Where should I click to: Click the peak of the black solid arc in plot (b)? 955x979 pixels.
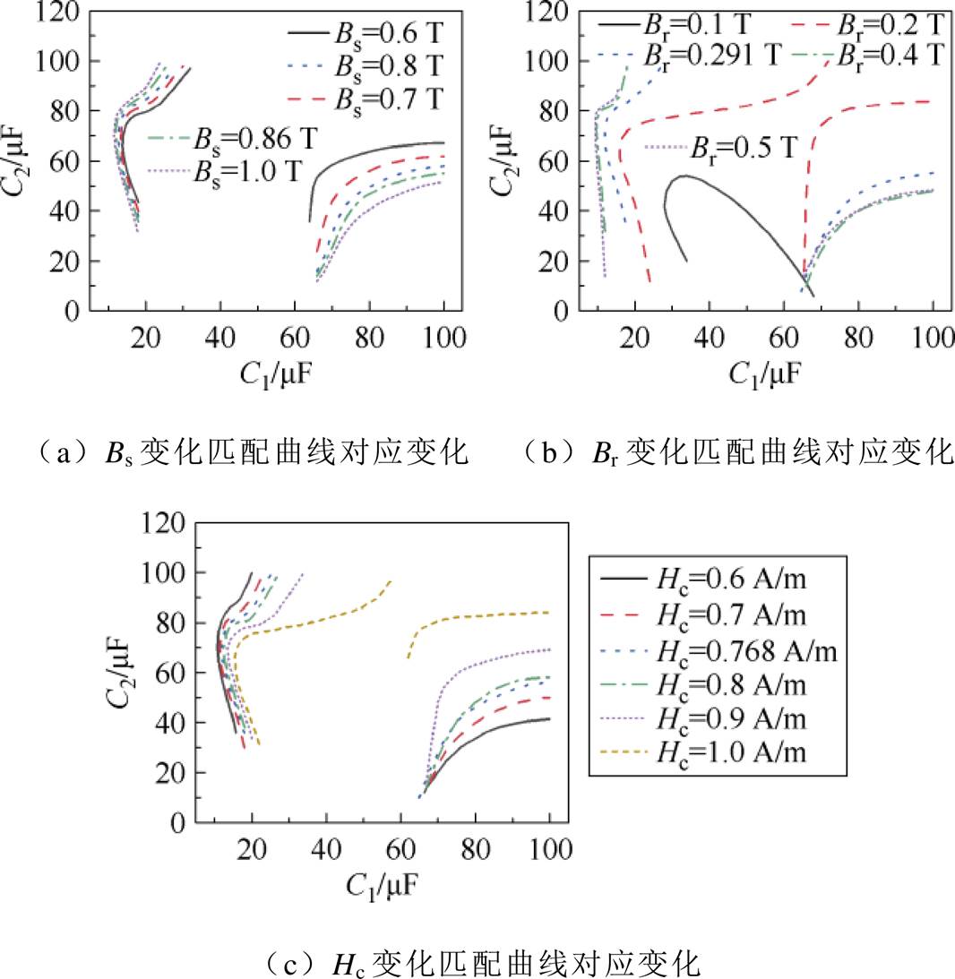point(685,176)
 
